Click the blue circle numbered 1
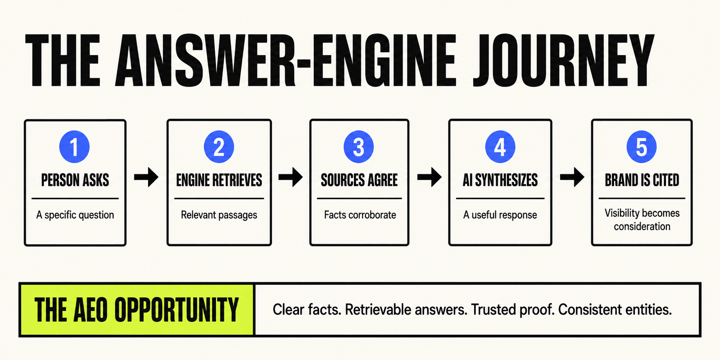[74, 147]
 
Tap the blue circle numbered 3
[358, 147]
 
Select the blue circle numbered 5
[641, 147]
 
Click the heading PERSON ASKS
[75, 180]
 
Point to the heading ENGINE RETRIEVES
[219, 180]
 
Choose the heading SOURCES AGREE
[359, 180]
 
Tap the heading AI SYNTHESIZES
[500, 180]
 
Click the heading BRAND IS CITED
[642, 180]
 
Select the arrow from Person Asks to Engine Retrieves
[146, 177]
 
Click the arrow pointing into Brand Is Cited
[572, 177]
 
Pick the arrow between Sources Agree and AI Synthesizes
[429, 177]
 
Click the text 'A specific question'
[75, 215]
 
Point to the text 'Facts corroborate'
[360, 215]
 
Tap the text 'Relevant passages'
[219, 215]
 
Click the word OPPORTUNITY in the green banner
[177, 310]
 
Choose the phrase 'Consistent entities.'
[615, 310]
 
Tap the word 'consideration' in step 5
[642, 226]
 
